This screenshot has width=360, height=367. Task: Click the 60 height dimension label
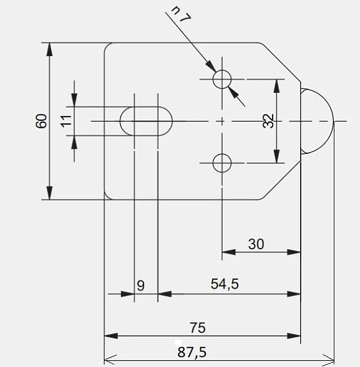point(41,121)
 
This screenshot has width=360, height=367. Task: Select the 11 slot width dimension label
point(66,120)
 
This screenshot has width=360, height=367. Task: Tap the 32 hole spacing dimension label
point(268,121)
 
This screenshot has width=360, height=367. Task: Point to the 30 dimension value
point(256,244)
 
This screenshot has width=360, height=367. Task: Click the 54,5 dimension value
point(225,284)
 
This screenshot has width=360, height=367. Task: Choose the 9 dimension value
point(140,286)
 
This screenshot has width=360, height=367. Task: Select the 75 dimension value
point(198,328)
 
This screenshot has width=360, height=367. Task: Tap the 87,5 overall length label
point(192,352)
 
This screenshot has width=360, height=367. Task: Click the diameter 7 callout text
point(182,14)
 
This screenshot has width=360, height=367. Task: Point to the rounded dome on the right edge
point(333,121)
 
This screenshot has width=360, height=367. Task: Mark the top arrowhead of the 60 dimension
point(49,49)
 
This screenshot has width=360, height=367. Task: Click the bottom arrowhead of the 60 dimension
point(49,193)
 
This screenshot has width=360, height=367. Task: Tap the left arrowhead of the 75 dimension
point(111,336)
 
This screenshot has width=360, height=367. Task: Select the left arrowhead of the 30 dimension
point(229,252)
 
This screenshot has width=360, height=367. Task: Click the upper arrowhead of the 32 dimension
point(277,86)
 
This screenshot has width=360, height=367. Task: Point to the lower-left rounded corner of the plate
point(107,197)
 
